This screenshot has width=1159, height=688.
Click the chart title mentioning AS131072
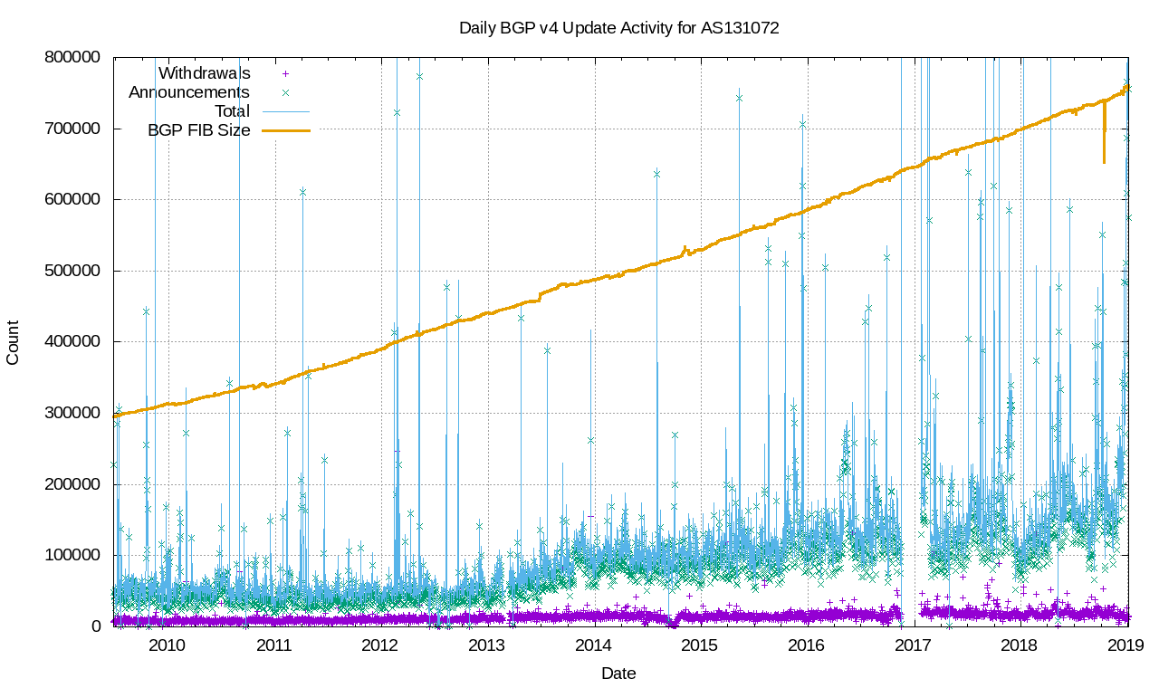(618, 28)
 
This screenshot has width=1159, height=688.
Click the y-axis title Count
(13, 342)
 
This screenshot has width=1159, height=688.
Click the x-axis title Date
(618, 674)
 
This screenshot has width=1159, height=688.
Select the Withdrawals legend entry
(204, 72)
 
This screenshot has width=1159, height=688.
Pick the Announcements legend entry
(189, 92)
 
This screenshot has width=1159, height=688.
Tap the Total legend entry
(232, 111)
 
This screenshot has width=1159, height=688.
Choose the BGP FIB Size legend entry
(198, 130)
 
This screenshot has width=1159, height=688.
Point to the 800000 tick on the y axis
(75, 57)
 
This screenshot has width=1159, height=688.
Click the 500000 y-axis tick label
(75, 271)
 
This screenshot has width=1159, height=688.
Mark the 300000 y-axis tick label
(75, 413)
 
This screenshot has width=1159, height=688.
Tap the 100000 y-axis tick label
(75, 555)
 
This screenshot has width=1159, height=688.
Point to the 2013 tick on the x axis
(486, 645)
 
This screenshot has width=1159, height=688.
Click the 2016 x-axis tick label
(806, 645)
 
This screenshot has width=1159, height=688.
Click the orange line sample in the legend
(286, 130)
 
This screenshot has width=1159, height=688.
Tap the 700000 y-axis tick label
(75, 129)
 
